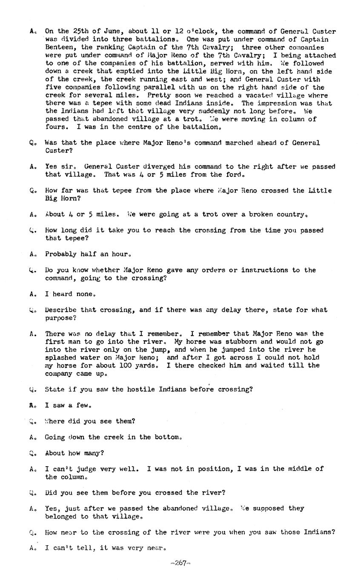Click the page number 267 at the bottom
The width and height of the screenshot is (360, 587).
click(180, 563)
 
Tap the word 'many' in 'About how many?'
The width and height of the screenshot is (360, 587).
click(94, 453)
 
